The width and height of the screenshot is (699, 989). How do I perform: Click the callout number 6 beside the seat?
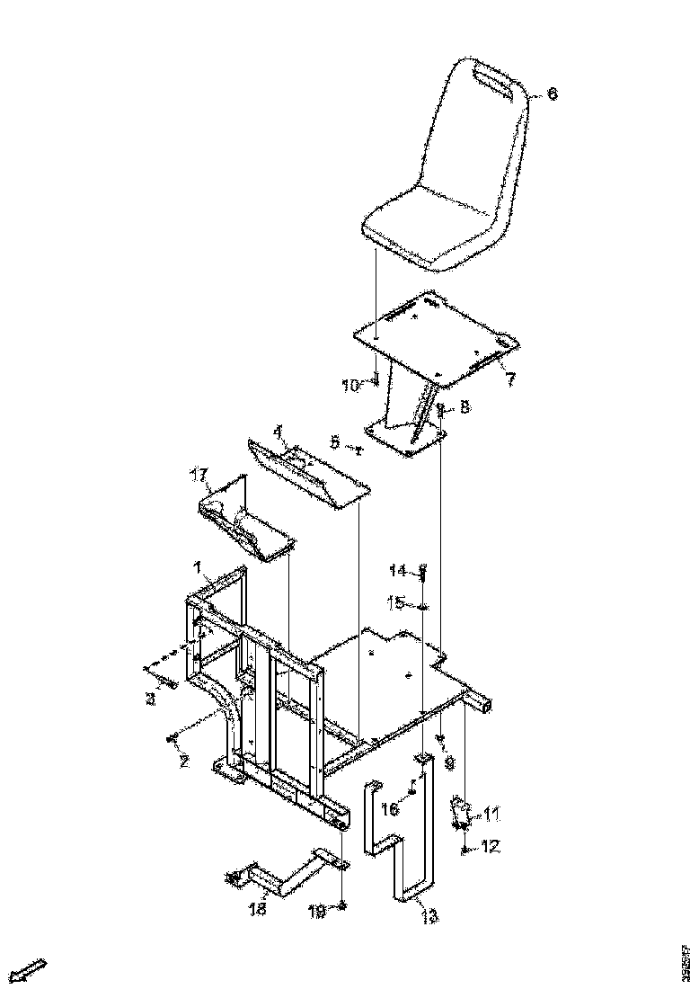(552, 94)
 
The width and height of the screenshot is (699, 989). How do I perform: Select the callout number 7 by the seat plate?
(509, 379)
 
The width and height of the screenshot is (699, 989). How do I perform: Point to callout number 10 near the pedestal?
(350, 386)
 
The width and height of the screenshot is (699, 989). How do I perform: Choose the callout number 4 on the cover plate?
(279, 432)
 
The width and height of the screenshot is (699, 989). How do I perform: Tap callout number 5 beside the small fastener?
(334, 441)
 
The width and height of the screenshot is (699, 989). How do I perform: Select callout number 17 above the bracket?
(199, 474)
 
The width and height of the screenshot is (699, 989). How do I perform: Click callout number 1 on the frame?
(197, 566)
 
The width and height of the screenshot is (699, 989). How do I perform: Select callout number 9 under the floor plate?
(449, 762)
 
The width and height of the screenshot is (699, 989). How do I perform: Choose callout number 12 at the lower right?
(491, 846)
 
